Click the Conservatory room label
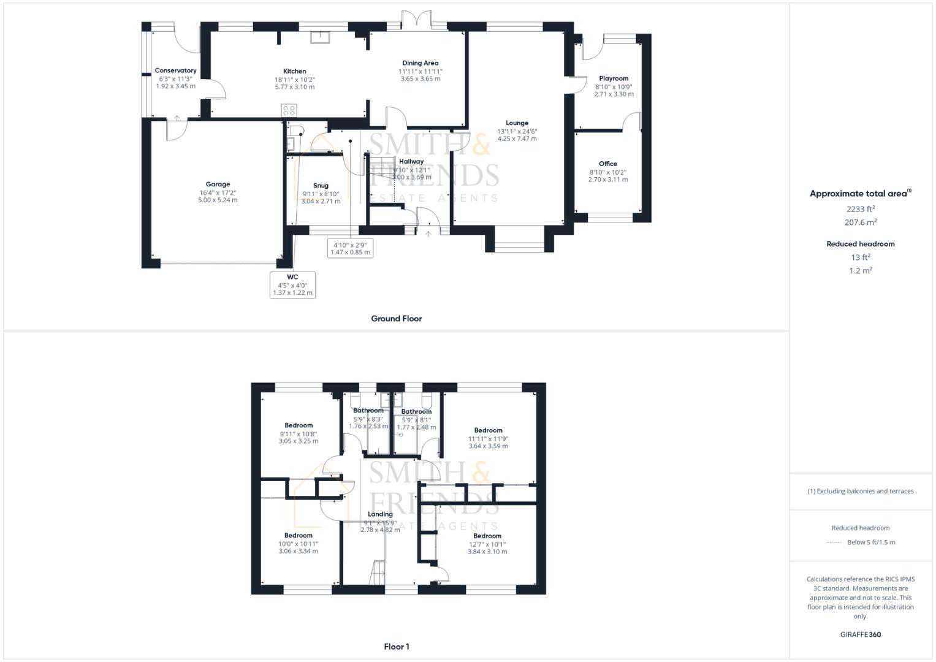coord(175,70)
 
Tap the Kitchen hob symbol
coord(289,111)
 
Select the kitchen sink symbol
coord(320,38)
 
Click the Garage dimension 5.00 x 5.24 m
coord(218,200)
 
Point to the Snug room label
coord(321,185)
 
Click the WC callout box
coord(292,285)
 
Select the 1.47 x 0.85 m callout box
coord(350,248)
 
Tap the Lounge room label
coord(517,123)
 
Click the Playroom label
coord(614,78)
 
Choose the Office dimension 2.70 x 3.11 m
coord(607,180)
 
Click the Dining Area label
coord(420,63)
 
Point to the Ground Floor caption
coord(396,319)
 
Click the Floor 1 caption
coord(396,647)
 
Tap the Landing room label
coord(380,514)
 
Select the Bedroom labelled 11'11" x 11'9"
coord(488,430)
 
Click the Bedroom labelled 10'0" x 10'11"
coord(298,535)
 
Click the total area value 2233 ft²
coord(860,209)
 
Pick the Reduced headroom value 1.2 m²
coord(860,270)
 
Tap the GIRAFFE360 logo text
coord(860,634)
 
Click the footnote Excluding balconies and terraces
coord(860,491)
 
